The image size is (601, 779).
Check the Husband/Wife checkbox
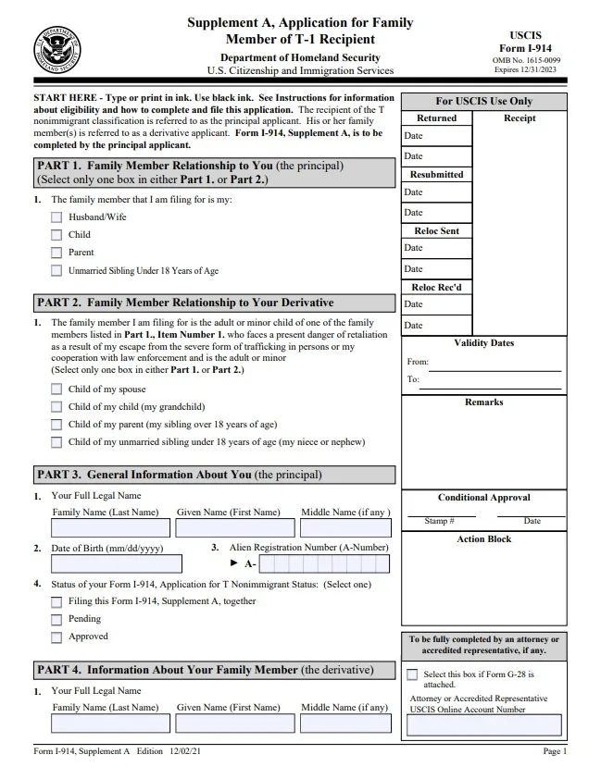[56, 217]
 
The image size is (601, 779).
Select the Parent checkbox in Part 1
[56, 253]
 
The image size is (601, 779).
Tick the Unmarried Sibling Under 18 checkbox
[56, 271]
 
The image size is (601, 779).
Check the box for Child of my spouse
[56, 389]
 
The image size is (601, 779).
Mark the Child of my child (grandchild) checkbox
[56, 407]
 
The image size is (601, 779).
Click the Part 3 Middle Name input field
[344, 528]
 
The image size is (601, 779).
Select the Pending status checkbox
[56, 620]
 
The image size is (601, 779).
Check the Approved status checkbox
[56, 637]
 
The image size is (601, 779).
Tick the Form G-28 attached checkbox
[412, 674]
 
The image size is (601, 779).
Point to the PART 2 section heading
[184, 303]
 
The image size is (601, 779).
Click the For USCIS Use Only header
[484, 101]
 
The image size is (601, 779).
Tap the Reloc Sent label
[436, 231]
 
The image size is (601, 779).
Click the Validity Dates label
[484, 343]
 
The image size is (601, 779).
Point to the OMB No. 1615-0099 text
[527, 59]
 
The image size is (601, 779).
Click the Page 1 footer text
[554, 752]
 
